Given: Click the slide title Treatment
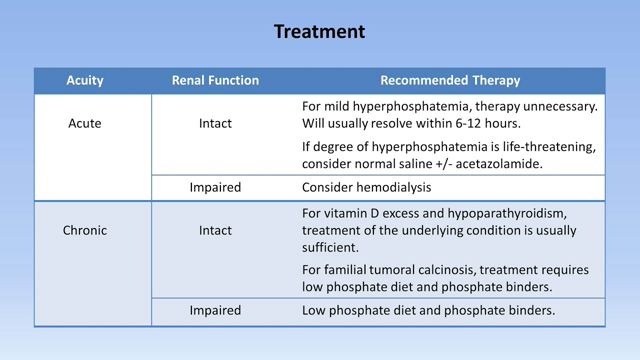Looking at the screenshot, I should (319, 31).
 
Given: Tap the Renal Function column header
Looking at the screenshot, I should (215, 80).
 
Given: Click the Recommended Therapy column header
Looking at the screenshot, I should (450, 80).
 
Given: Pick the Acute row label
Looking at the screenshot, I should (85, 124).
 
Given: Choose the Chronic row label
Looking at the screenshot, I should (85, 230).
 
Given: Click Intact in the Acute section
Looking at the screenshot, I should (215, 124).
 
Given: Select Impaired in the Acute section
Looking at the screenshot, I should (215, 186).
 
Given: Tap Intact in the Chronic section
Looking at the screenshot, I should (215, 230).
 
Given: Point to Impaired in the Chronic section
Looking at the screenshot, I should (215, 310).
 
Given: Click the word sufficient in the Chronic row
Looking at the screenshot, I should (333, 247).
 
